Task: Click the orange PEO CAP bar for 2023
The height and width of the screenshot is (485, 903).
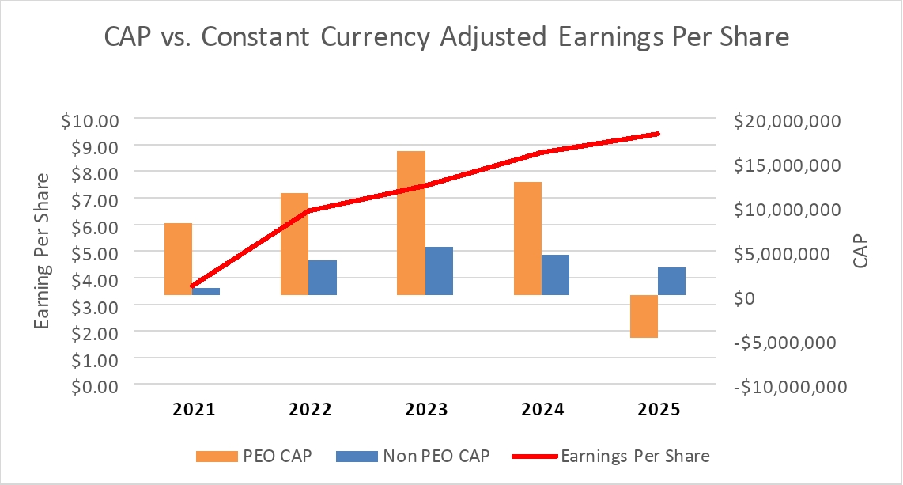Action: pyautogui.click(x=410, y=222)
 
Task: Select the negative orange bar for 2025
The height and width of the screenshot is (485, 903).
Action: pyautogui.click(x=644, y=316)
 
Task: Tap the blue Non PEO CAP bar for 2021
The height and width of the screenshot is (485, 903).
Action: pyautogui.click(x=206, y=291)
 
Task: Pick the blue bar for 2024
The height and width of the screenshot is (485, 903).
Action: pyautogui.click(x=555, y=275)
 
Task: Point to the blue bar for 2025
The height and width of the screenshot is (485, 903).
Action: pyautogui.click(x=671, y=281)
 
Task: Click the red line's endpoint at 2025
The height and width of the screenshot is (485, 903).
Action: pyautogui.click(x=658, y=134)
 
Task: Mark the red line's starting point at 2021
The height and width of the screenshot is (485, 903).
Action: pyautogui.click(x=192, y=286)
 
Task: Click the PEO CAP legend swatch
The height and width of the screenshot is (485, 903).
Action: pyautogui.click(x=216, y=456)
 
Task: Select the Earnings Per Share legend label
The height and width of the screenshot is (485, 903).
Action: pyautogui.click(x=635, y=456)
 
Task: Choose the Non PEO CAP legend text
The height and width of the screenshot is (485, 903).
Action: pyautogui.click(x=436, y=456)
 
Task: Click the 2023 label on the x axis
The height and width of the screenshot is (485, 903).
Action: pyautogui.click(x=426, y=410)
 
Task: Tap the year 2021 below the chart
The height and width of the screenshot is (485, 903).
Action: pyautogui.click(x=195, y=410)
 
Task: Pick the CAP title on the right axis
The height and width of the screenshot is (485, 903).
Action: pyautogui.click(x=861, y=252)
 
